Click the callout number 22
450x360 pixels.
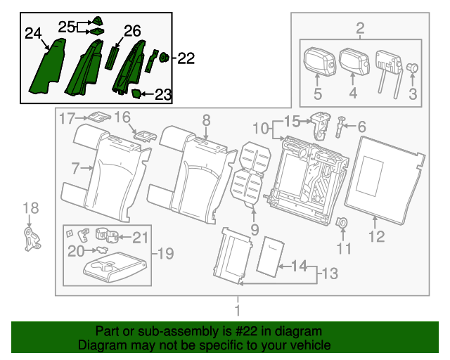click(x=186, y=58)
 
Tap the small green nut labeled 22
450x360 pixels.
click(x=164, y=58)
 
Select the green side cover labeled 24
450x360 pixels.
click(x=47, y=66)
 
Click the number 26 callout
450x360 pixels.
click(x=132, y=31)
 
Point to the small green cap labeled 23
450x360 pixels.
click(x=136, y=94)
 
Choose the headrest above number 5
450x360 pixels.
click(x=319, y=61)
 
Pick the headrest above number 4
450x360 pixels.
click(x=354, y=63)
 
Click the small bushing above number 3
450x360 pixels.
click(x=413, y=68)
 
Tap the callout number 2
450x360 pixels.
click(x=360, y=28)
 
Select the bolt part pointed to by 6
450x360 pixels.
click(x=340, y=127)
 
